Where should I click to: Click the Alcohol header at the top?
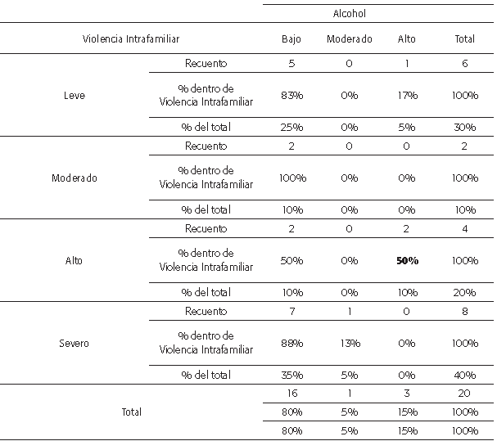(x=349, y=13)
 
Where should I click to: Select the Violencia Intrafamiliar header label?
(x=131, y=38)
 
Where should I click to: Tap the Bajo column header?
(x=291, y=38)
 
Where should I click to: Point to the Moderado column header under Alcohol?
(x=349, y=38)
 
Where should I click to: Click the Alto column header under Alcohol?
(x=407, y=38)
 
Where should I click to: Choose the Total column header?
(x=464, y=38)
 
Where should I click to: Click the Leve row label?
(x=74, y=95)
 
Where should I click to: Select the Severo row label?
(x=74, y=343)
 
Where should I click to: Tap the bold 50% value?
(x=407, y=260)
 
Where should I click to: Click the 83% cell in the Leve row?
(x=291, y=95)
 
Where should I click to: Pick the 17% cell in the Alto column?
(x=407, y=95)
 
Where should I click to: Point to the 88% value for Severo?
(x=291, y=343)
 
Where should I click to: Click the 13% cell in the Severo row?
(x=349, y=343)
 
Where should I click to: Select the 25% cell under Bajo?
(x=291, y=127)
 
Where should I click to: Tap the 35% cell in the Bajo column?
(x=291, y=375)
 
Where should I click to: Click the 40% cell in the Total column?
(x=464, y=375)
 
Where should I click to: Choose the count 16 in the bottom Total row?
(x=291, y=394)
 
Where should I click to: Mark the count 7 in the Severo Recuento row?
(x=291, y=311)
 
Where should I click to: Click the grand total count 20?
(x=464, y=394)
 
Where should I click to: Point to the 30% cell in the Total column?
(x=464, y=127)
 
